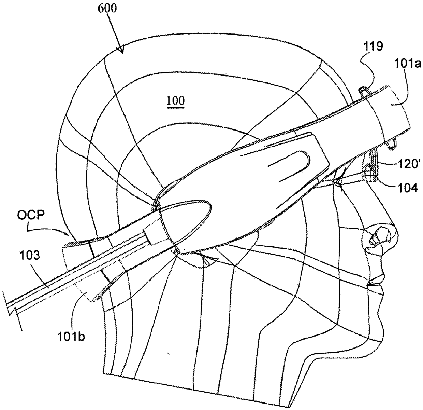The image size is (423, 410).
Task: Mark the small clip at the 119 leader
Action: [x=363, y=91]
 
